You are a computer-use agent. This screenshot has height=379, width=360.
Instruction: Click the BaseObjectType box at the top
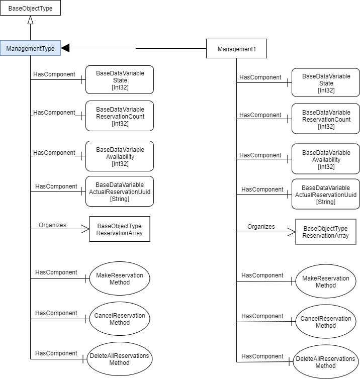point(30,8)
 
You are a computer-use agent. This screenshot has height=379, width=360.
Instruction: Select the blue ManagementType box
point(30,48)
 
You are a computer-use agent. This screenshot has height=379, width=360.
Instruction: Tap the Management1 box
point(236,49)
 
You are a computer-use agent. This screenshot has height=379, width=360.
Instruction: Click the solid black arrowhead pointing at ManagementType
point(65,48)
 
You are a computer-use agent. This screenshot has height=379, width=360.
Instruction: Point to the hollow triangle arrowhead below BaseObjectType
point(30,20)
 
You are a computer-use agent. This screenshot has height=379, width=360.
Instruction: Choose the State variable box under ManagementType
point(120,79)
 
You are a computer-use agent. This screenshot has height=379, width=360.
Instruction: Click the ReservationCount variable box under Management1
point(326,119)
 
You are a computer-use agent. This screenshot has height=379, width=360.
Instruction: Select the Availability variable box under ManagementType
point(120,156)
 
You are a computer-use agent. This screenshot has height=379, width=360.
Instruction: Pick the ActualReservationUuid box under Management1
point(326,195)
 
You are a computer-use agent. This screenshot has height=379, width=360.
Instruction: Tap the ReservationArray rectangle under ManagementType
point(120,229)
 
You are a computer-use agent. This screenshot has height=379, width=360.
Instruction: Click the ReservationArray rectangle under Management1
point(325,232)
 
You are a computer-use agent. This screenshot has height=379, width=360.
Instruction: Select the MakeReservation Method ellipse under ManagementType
point(120,278)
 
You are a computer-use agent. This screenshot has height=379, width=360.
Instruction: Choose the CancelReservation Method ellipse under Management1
point(325,322)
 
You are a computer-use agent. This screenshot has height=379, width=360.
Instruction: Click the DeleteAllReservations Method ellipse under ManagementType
point(119,359)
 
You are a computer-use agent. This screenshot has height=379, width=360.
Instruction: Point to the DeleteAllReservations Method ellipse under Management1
point(325,362)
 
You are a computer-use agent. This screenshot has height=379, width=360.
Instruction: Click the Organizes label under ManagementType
point(52,225)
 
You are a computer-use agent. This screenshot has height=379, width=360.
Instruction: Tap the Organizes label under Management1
point(261,227)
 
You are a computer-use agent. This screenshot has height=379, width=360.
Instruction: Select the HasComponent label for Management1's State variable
point(260,77)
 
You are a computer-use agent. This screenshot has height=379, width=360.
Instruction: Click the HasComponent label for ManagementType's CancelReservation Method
point(56,313)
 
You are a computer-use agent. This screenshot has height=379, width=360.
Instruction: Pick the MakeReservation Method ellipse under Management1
point(325,281)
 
